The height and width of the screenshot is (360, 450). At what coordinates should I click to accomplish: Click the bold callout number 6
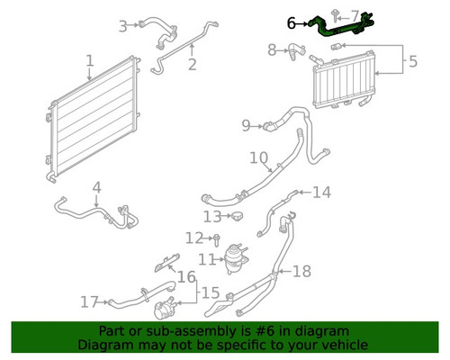[291, 23]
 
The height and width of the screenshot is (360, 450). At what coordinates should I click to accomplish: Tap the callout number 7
[355, 16]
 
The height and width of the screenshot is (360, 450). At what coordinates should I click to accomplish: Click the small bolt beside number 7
[335, 15]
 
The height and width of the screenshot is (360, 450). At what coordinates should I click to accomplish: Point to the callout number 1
[90, 60]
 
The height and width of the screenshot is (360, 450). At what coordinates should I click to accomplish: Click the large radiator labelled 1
[94, 119]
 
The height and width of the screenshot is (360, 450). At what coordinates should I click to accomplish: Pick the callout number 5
[413, 61]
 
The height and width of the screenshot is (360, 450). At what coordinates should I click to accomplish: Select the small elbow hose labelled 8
[296, 51]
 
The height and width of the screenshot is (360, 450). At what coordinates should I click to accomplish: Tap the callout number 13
[212, 217]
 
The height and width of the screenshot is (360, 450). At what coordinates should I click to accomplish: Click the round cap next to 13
[237, 215]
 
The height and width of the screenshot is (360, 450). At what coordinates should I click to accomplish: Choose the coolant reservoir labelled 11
[236, 258]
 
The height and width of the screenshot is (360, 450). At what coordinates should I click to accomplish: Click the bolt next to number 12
[217, 240]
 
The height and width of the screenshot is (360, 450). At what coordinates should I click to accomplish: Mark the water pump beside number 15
[164, 308]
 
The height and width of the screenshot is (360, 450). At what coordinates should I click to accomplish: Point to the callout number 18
[301, 271]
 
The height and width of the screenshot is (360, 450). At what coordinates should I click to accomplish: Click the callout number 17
[89, 302]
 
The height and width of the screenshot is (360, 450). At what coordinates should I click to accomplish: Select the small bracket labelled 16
[167, 263]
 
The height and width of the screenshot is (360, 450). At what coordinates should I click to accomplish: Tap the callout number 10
[258, 157]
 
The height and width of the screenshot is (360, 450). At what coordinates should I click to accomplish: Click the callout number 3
[123, 26]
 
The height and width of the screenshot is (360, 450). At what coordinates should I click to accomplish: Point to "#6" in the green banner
[265, 331]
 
